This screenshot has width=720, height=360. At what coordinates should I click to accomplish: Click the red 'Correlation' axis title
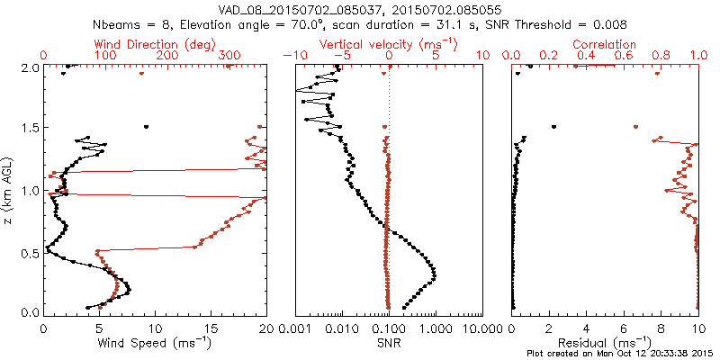point(604,44)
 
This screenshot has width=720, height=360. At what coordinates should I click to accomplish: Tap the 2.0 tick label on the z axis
point(29,67)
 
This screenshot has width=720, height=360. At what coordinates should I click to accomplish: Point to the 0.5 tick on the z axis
point(29,252)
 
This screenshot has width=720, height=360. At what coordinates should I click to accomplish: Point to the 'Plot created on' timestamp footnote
point(621,354)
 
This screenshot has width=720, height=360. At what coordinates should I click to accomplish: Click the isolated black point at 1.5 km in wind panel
point(146,127)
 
